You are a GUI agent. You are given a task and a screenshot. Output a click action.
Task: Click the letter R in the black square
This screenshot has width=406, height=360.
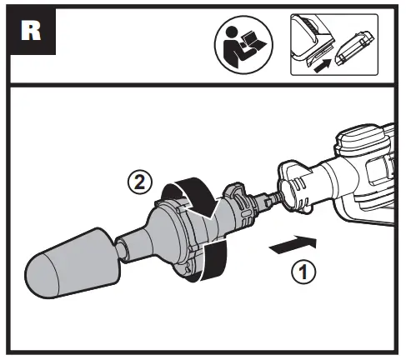click(31, 31)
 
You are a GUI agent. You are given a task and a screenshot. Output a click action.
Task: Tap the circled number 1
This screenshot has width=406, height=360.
click(303, 272)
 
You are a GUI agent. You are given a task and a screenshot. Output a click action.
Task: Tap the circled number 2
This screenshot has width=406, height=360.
click(140, 183)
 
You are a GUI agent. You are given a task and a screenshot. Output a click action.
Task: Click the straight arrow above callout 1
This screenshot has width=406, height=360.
click(293, 244)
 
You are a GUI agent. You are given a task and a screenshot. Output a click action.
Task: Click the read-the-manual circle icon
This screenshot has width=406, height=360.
click(243, 44)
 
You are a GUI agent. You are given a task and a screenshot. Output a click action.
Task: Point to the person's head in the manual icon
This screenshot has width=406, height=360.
click(231, 33)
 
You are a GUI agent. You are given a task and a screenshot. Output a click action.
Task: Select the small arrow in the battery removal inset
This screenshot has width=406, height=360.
click(323, 66)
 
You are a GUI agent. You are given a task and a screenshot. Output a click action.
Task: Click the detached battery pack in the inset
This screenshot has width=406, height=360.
click(354, 48)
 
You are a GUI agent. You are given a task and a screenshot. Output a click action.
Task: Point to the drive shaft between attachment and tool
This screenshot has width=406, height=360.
click(268, 198)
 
